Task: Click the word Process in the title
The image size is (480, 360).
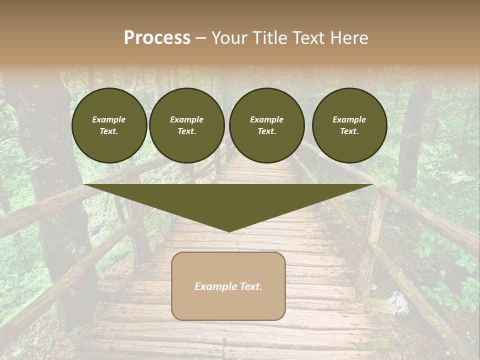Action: pyautogui.click(x=157, y=38)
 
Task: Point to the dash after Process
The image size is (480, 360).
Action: pyautogui.click(x=200, y=38)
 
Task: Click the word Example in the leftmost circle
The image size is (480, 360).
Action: pyautogui.click(x=109, y=119)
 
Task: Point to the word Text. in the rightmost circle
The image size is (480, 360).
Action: pyautogui.click(x=349, y=131)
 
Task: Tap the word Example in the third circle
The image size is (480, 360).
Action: pyautogui.click(x=266, y=119)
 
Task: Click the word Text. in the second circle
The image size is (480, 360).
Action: pyautogui.click(x=187, y=131)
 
